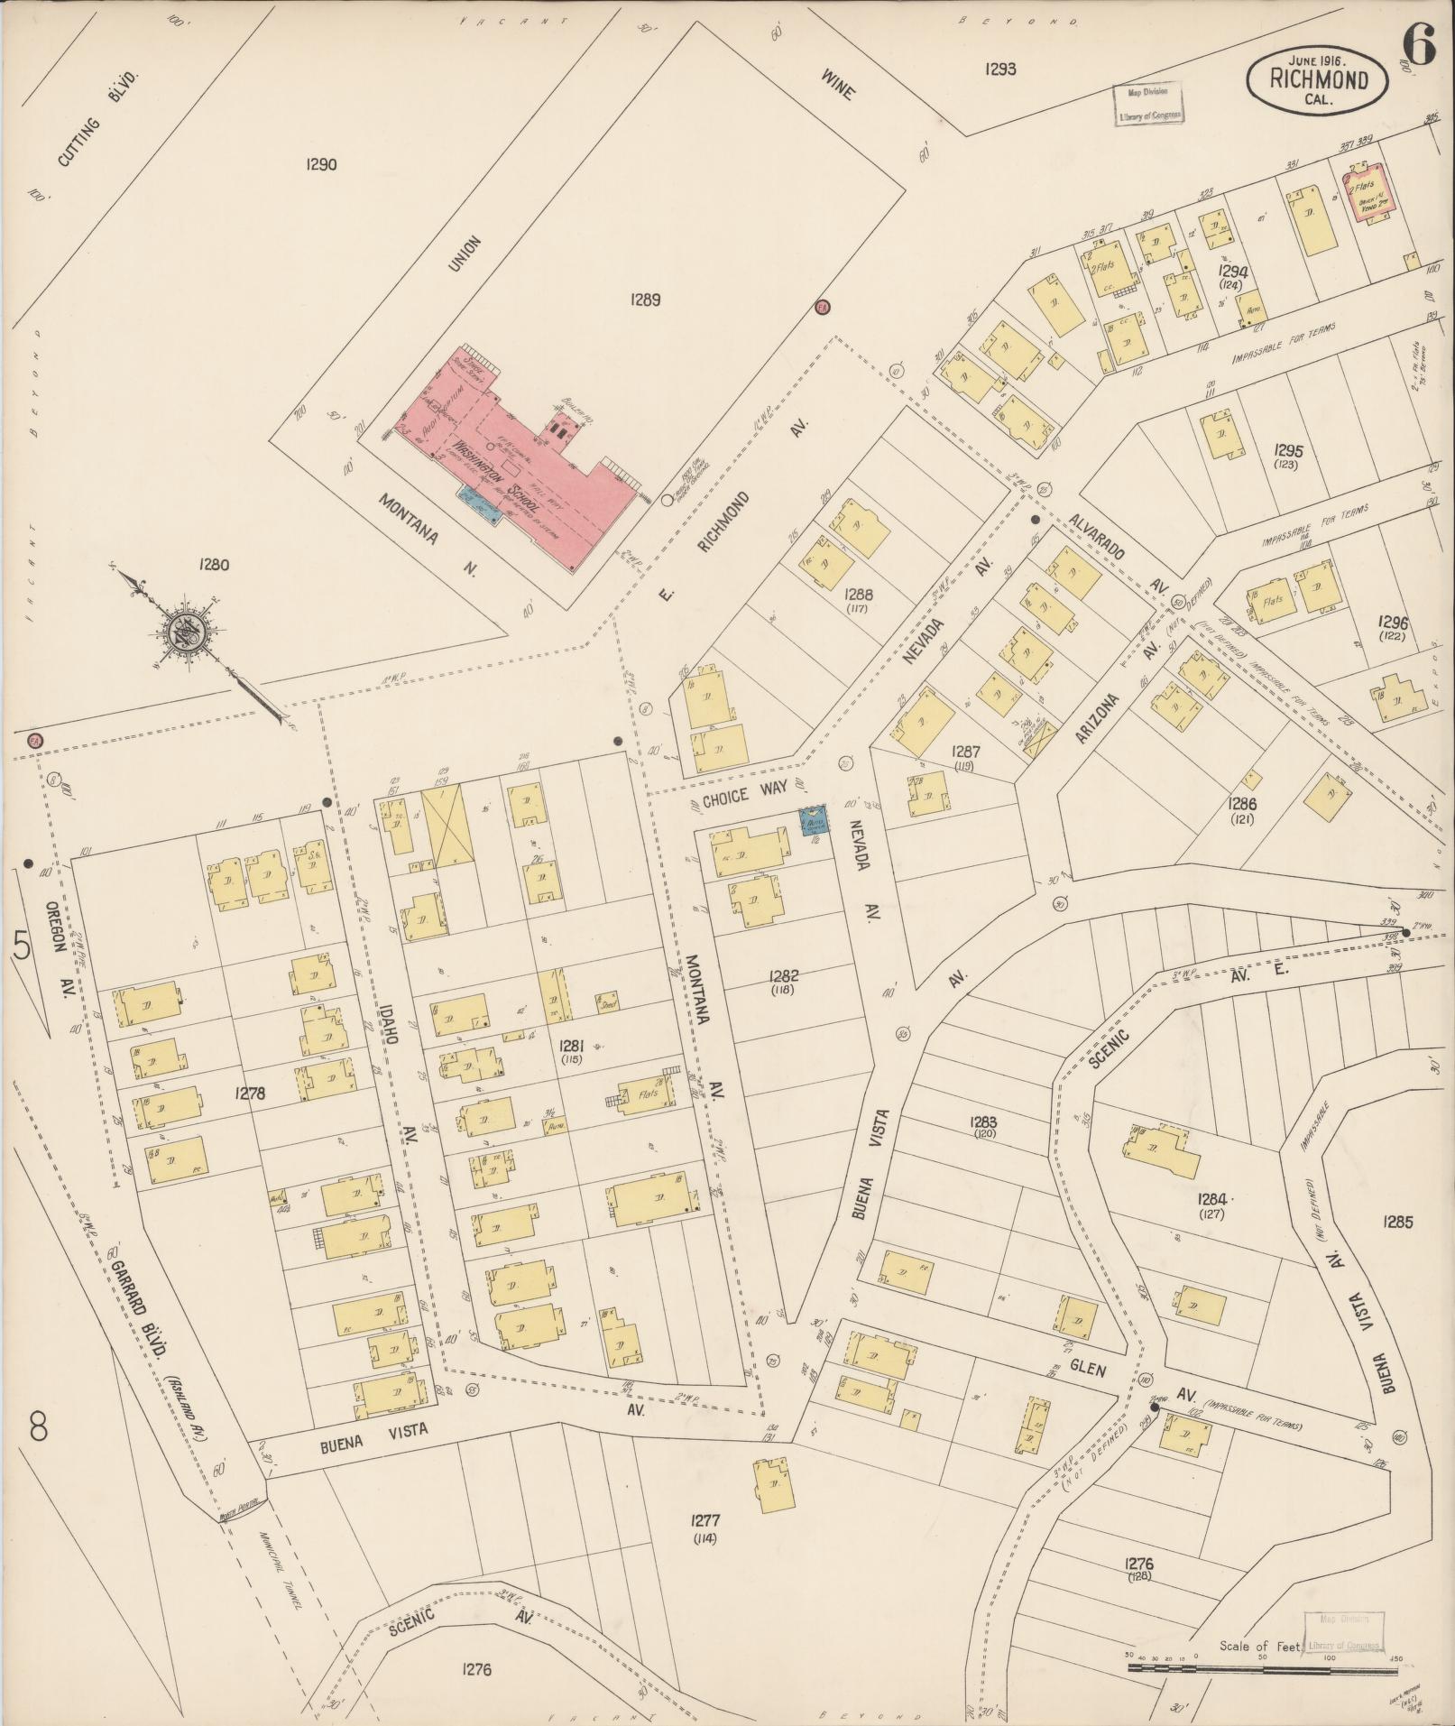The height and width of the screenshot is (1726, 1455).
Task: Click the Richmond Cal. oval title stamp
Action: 1318,80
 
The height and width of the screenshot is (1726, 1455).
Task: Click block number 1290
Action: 321,164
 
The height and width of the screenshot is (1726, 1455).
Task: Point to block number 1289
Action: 646,300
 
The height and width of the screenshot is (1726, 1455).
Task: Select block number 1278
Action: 250,1093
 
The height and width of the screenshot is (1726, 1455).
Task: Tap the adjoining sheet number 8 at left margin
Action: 37,1428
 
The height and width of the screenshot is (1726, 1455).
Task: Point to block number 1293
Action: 1000,68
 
